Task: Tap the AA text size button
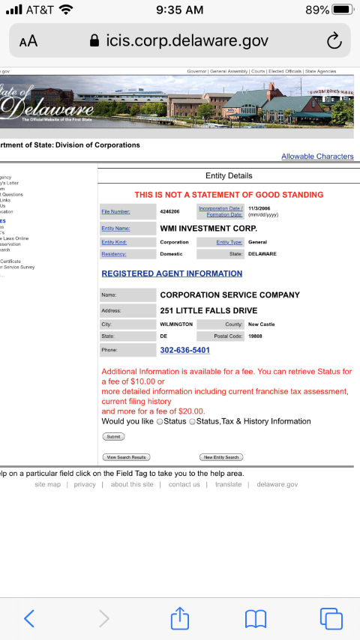coord(28,41)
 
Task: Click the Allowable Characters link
coord(317,157)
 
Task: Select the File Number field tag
coord(115,211)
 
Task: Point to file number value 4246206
coord(170,211)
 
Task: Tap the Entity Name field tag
coord(115,228)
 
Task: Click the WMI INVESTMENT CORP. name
coord(208,228)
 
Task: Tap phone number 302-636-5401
coord(184,350)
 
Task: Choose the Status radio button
coord(160,422)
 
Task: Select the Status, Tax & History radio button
coord(193,422)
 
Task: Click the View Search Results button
coord(126,457)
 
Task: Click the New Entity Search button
coord(221,457)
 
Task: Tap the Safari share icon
coord(180,618)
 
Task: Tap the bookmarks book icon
coord(256,618)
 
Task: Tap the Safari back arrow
coord(29,618)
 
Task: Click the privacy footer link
coord(85,485)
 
